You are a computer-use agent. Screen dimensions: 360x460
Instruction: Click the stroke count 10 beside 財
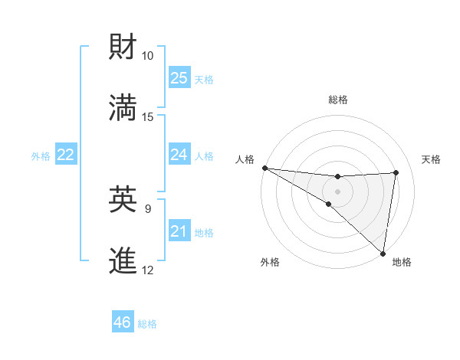click(x=147, y=56)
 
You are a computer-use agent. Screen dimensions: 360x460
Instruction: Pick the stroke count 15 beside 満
click(x=147, y=117)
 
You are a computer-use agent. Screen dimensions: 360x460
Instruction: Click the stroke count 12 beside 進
click(x=147, y=270)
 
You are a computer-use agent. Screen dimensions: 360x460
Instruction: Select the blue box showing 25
click(x=179, y=78)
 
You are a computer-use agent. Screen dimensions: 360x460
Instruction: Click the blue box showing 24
click(x=179, y=155)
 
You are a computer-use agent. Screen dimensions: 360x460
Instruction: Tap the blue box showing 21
click(x=179, y=231)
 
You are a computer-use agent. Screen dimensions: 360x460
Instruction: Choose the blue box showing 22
click(x=66, y=155)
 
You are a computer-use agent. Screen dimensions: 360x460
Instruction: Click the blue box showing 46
click(x=123, y=322)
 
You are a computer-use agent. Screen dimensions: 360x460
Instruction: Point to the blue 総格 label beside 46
click(x=148, y=324)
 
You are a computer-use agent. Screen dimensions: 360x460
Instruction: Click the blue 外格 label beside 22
click(x=41, y=156)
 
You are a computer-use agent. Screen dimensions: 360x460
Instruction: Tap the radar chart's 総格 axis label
click(x=337, y=100)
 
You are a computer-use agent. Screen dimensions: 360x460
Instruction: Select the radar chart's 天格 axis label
click(x=432, y=159)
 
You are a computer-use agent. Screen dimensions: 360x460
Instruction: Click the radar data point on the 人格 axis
click(x=264, y=168)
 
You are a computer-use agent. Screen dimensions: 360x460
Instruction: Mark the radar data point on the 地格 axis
click(x=383, y=254)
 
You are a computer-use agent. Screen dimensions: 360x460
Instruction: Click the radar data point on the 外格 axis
click(x=328, y=205)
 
